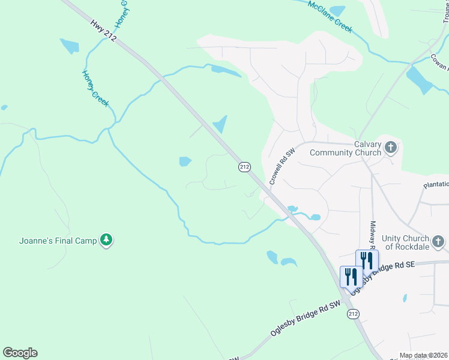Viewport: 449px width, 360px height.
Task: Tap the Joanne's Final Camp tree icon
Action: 106,240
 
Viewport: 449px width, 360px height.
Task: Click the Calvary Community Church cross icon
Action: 391,147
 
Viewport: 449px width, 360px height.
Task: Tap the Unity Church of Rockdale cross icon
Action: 439,242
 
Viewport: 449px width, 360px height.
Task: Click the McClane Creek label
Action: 330,16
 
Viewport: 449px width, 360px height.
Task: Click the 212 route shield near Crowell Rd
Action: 244,167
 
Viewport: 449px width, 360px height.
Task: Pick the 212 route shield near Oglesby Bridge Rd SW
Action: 353,314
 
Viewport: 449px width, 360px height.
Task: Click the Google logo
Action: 20,353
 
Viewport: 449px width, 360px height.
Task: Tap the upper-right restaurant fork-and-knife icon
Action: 367,260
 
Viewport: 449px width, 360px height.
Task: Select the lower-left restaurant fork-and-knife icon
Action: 351,276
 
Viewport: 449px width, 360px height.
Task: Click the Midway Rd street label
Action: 372,233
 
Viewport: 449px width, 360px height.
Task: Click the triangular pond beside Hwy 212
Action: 220,124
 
